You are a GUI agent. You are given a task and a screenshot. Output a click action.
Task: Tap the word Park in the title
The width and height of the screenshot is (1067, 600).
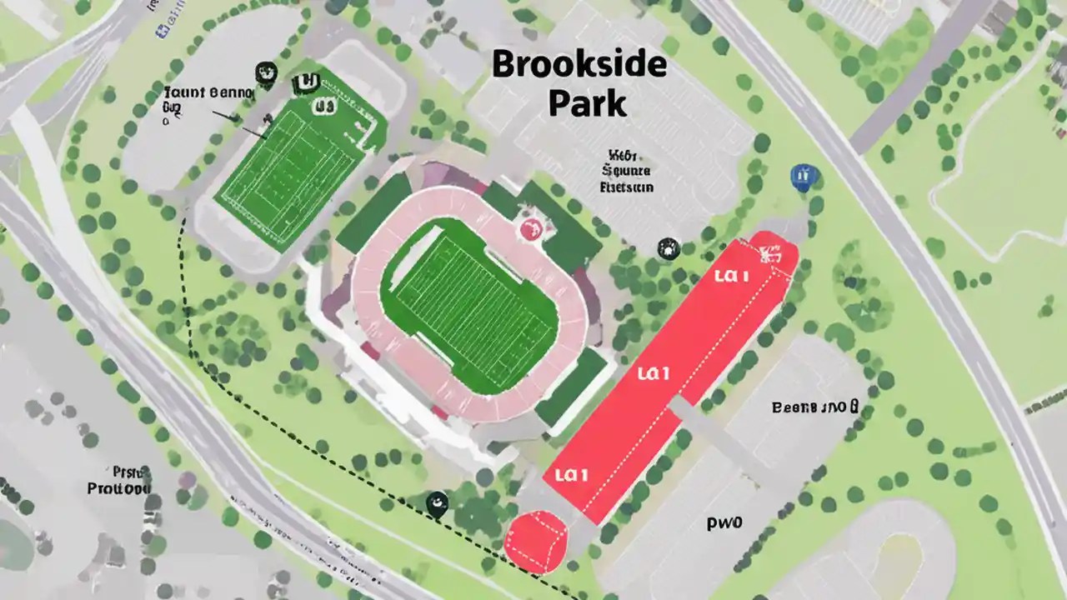point(587,103)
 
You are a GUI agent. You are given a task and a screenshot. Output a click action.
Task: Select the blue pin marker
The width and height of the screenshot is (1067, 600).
point(802,176)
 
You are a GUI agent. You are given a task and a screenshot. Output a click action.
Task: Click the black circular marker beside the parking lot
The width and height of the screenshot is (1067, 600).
point(668,247)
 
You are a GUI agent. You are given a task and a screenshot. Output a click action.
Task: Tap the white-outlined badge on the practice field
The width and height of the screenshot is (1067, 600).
point(323,106)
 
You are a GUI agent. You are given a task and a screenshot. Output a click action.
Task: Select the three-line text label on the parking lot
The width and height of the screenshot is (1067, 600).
point(626,171)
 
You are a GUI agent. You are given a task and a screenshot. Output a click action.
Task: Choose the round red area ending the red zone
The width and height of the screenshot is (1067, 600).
point(536,541)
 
